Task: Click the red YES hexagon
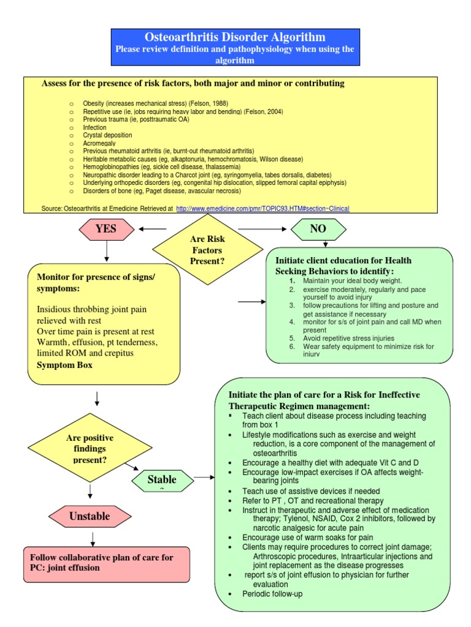[106, 229]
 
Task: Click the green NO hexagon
[318, 229]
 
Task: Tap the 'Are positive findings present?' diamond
[90, 448]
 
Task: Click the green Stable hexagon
[162, 479]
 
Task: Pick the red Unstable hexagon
[90, 516]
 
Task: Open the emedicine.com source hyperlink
[262, 208]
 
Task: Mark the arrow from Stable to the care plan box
[204, 478]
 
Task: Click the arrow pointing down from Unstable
[93, 538]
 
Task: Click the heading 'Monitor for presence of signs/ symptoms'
[96, 282]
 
